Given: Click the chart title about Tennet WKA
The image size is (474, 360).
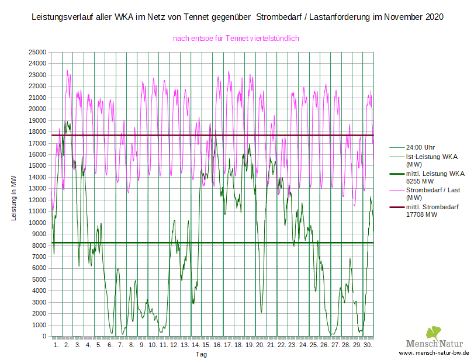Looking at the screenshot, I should click(x=237, y=18).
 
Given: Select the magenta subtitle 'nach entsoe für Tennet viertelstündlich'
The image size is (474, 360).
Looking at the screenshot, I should click(x=236, y=39).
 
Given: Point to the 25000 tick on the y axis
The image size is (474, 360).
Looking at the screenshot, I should click(x=38, y=53).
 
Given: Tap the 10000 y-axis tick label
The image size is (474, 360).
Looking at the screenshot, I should click(x=38, y=223).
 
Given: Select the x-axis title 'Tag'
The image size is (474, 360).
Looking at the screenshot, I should click(x=200, y=354).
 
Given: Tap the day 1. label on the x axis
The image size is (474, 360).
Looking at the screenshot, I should click(x=56, y=345).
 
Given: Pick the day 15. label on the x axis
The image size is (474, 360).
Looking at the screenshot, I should click(x=206, y=345).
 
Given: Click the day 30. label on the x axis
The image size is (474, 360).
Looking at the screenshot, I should click(x=368, y=345).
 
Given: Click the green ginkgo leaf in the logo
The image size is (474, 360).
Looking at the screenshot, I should click(x=434, y=334).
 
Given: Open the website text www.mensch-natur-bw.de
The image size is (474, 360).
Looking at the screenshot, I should click(x=435, y=354).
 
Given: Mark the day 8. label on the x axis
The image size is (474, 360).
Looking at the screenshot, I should click(x=132, y=345).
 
